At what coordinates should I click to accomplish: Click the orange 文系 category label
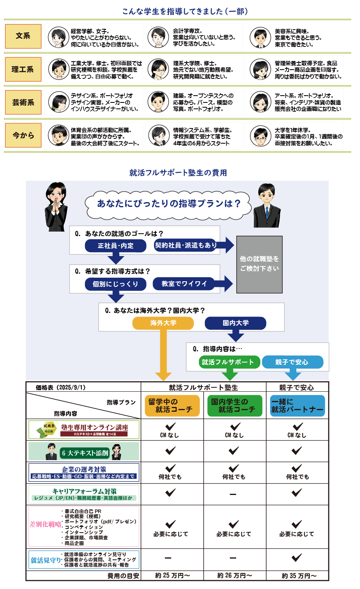pos(23,36)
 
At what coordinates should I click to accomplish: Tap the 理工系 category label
pos(23,69)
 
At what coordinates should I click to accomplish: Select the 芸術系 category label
pos(23,102)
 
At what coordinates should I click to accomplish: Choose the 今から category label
pos(23,136)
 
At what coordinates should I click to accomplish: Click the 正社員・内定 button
pos(116,246)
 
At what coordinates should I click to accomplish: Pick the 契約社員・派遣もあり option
pos(186,245)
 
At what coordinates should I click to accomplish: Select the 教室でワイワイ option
pos(184,284)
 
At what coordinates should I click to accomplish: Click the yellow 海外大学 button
pos(163,323)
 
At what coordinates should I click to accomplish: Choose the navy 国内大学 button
pos(235,323)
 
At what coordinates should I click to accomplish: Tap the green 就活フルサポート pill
pos(228,362)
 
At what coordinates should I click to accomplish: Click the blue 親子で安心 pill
pos(292,362)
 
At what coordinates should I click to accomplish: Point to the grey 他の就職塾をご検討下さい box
pos(259,264)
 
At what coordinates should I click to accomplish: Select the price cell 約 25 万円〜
pos(173,575)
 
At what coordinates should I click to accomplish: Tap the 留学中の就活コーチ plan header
pos(172,406)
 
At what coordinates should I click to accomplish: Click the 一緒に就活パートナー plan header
pos(297,406)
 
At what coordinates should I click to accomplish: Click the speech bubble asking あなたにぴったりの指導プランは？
pos(169,204)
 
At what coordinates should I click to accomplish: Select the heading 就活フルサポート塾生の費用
pos(178,173)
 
